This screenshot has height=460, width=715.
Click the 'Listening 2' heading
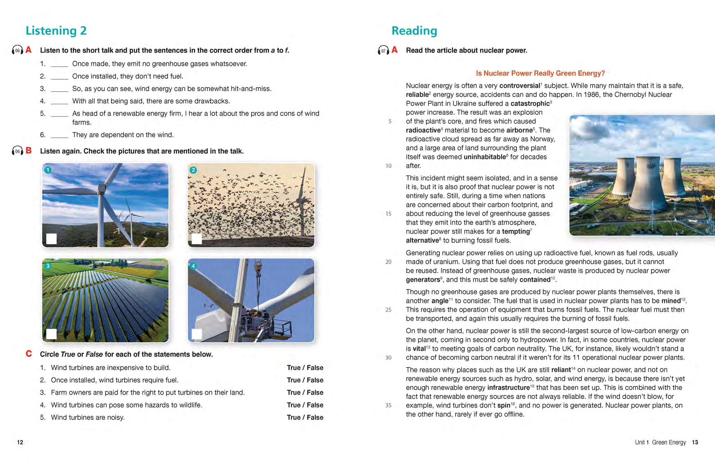click(x=56, y=31)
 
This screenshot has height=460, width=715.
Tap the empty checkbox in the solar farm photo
click(x=51, y=334)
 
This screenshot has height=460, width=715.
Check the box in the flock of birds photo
click(x=197, y=239)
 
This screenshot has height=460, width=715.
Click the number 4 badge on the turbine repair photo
click(x=193, y=266)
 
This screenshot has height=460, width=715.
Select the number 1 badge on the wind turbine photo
click(x=48, y=170)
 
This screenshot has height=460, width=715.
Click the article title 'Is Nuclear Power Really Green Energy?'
click(x=540, y=73)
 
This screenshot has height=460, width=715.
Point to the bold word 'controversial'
click(x=520, y=86)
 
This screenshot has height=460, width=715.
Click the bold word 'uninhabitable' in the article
click(x=485, y=157)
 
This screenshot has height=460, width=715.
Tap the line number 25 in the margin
click(x=388, y=310)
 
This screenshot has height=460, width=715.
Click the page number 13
click(x=695, y=442)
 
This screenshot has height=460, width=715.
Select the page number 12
click(x=20, y=442)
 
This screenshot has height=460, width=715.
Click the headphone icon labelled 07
click(x=384, y=50)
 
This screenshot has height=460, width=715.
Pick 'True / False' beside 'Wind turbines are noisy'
click(x=305, y=417)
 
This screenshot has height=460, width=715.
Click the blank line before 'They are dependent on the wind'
click(x=60, y=135)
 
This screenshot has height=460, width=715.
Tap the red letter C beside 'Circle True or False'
click(x=29, y=354)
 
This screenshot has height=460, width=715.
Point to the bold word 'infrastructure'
click(x=508, y=388)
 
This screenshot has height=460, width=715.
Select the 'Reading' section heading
click(x=414, y=31)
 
